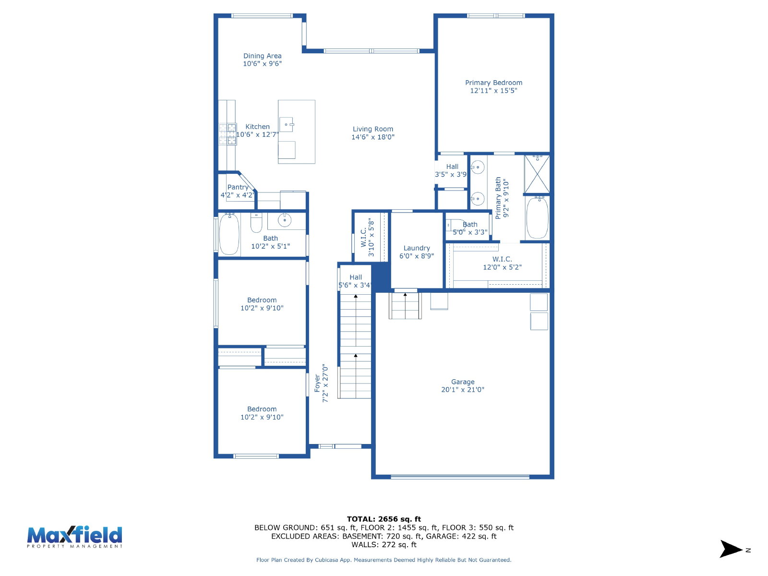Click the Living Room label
(x=372, y=129)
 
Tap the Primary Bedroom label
(x=493, y=83)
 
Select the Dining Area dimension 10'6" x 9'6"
(x=262, y=64)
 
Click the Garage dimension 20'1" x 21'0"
(x=463, y=390)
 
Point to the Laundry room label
(x=416, y=248)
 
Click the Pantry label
(x=238, y=188)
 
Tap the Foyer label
(x=317, y=384)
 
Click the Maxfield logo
(x=74, y=537)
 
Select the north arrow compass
(x=731, y=549)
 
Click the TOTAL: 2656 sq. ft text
(x=384, y=519)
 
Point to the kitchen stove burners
(x=228, y=134)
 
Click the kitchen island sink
(x=286, y=124)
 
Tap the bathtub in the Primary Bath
(x=537, y=218)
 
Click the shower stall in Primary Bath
(x=537, y=174)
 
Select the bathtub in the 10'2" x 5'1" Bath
(x=229, y=234)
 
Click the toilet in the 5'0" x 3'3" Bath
(x=454, y=225)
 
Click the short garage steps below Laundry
(x=405, y=306)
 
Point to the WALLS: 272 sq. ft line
(x=384, y=545)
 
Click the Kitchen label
(x=257, y=127)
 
